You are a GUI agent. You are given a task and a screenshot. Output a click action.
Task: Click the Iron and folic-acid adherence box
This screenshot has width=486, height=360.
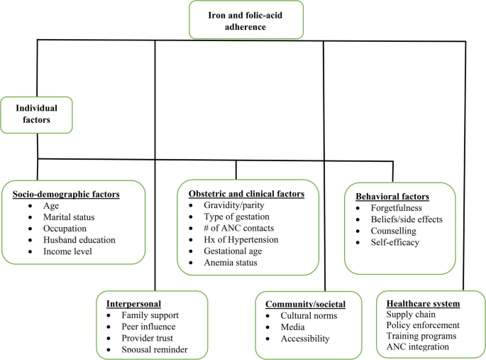tap(245, 19)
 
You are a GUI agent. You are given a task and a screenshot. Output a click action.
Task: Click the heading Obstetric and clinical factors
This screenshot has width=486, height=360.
tap(246, 193)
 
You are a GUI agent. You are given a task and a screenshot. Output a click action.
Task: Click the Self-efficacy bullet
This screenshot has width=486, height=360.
tap(395, 242)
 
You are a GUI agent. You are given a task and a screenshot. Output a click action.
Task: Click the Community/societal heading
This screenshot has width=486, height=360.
tap(305, 304)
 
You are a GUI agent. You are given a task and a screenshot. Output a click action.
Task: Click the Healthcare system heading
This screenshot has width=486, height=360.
tap(423, 303)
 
